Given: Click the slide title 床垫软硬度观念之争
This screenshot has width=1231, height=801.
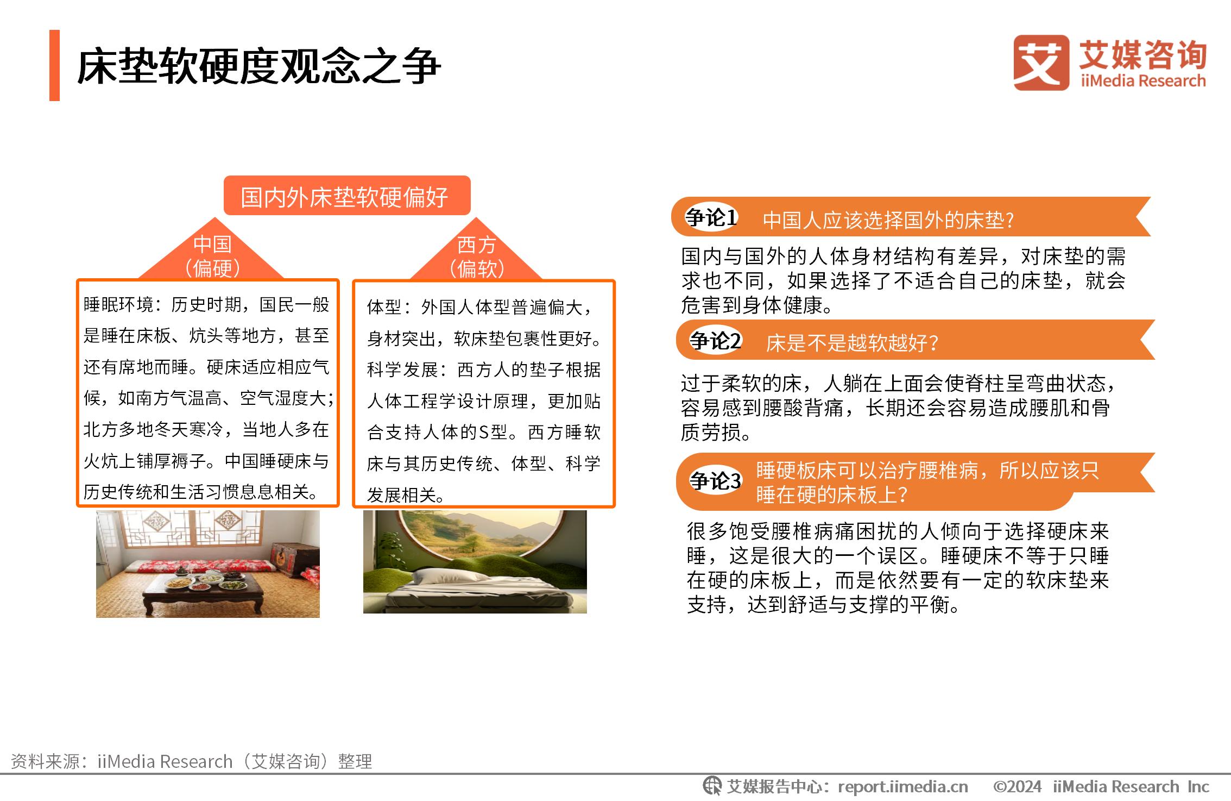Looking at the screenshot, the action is (258, 66).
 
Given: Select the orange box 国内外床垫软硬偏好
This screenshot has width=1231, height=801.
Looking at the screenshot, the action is (347, 196).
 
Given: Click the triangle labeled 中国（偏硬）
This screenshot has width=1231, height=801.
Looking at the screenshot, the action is (212, 253).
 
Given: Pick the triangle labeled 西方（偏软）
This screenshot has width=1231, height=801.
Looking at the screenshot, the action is (476, 253).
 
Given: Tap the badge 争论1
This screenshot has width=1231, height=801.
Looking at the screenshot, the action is (711, 217).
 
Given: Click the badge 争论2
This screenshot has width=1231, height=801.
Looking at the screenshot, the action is (715, 341).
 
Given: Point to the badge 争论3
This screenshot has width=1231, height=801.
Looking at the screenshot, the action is (715, 480).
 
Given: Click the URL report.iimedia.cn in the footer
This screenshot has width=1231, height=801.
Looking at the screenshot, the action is (903, 786).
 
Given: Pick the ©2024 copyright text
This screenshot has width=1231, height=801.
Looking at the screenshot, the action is (1017, 786).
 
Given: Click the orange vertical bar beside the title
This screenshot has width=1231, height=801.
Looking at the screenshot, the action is (54, 65).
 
